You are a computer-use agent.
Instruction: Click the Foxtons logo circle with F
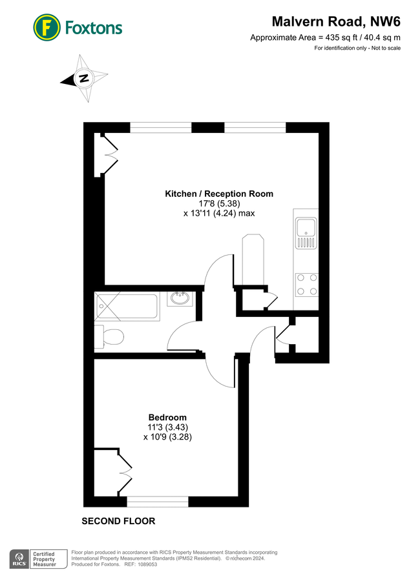pyautogui.click(x=46, y=27)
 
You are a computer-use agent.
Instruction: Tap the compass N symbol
pyautogui.click(x=83, y=79)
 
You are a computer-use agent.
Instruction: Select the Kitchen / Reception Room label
pyautogui.click(x=219, y=194)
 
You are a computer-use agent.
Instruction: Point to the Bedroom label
pyautogui.click(x=167, y=417)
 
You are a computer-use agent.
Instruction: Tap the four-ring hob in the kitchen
pyautogui.click(x=306, y=284)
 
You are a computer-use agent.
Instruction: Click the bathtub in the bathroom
pyautogui.click(x=127, y=307)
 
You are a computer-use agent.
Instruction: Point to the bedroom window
pyautogui.click(x=157, y=500)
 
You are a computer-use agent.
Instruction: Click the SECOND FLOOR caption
pyautogui.click(x=118, y=521)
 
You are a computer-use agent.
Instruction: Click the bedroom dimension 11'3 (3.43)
pyautogui.click(x=167, y=427)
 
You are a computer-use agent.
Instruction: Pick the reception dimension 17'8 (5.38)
pyautogui.click(x=219, y=203)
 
